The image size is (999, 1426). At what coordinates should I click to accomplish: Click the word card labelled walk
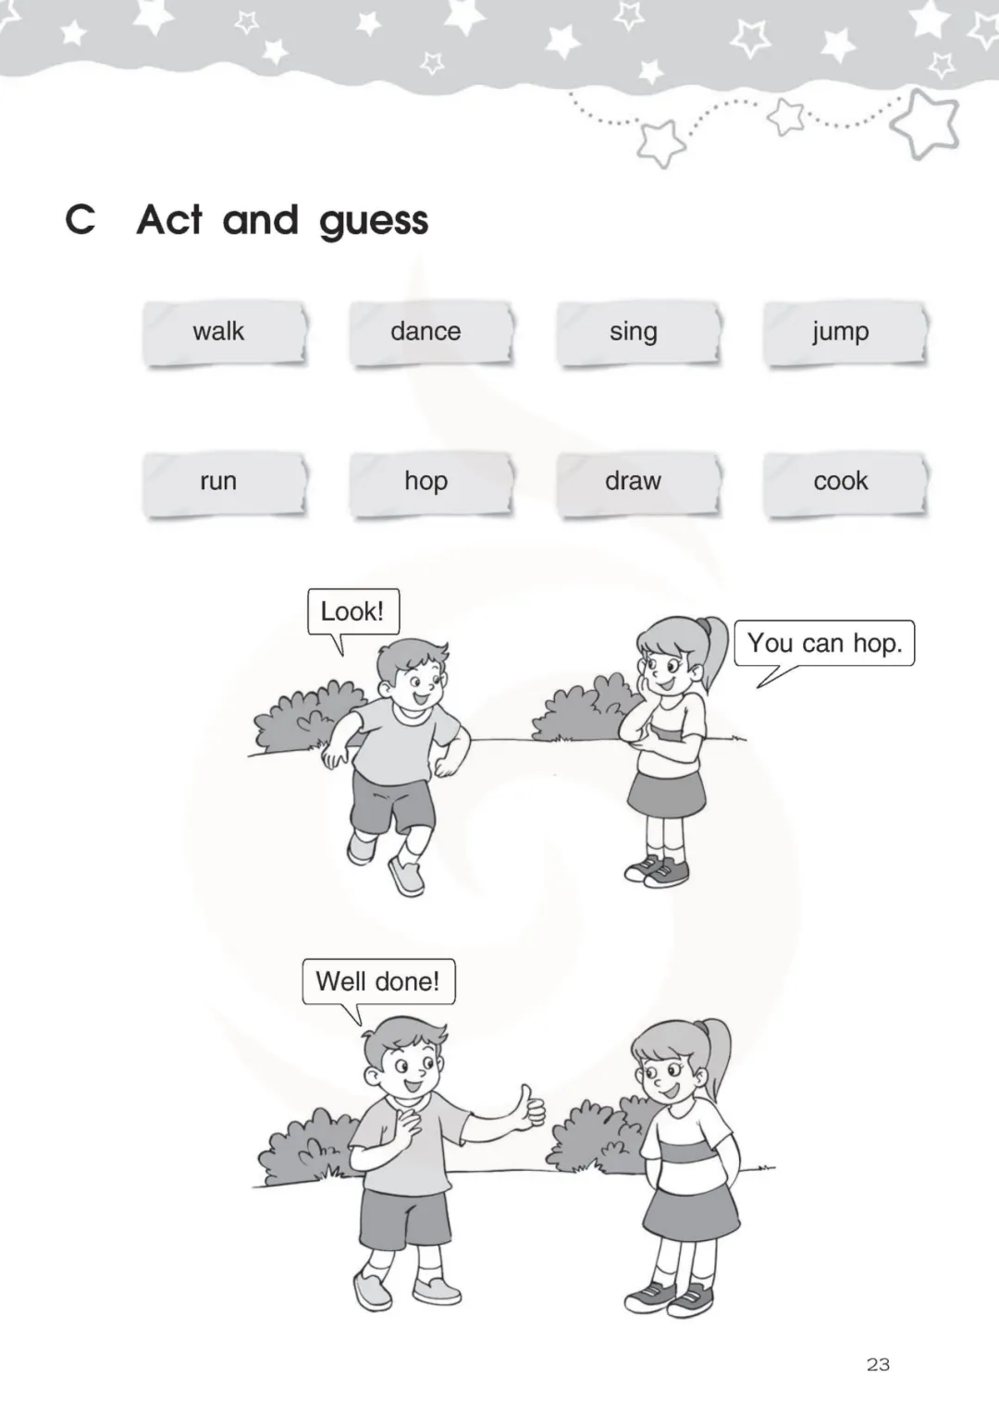coord(224,333)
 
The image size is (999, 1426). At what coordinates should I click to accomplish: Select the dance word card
coord(431,333)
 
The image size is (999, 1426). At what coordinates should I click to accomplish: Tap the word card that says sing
coord(638,333)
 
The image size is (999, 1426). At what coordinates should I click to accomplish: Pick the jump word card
coord(845,333)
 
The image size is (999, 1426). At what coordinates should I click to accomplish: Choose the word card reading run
coord(224,484)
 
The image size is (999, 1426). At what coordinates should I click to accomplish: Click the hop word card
coord(431,484)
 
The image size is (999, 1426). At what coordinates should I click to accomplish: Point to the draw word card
coord(638,484)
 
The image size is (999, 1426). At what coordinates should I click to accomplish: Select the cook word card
coord(845,484)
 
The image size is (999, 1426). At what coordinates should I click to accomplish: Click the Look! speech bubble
coord(353,611)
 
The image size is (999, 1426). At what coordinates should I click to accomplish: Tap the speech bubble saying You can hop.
coord(824,643)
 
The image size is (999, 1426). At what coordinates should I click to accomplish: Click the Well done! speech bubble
coord(378,981)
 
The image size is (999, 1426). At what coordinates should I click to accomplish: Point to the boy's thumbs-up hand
coord(531,1108)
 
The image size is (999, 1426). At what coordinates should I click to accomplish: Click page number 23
coord(878,1364)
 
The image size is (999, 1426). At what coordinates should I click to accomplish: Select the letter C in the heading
coord(80,219)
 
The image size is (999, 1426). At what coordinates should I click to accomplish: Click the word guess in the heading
coord(374,223)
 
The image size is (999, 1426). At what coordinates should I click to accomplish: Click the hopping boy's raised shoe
coord(361,849)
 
